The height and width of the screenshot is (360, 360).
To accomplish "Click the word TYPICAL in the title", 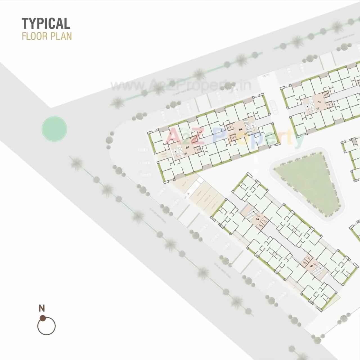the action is pos(46,23).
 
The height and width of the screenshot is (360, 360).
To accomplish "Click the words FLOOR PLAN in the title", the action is pos(47,37).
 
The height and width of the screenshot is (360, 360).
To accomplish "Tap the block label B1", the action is pos(187,147).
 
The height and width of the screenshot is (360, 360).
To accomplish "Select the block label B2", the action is pos(240,129).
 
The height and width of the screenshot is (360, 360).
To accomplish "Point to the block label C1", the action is pos(319,102).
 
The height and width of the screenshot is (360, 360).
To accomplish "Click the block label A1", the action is pos(312,265).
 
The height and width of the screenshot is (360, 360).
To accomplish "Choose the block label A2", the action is pos(257,218).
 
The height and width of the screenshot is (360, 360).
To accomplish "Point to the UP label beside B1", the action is pos(186,153).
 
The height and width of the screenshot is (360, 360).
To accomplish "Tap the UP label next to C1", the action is pos(318,108).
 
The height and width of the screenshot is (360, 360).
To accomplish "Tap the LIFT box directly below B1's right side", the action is pos(198,150).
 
